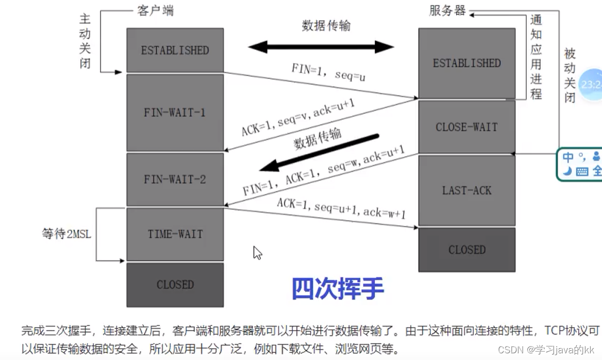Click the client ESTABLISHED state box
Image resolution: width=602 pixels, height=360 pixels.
[x=175, y=50]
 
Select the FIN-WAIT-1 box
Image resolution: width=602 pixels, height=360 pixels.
[x=175, y=112]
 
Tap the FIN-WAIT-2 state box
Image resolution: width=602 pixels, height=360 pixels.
[x=175, y=179]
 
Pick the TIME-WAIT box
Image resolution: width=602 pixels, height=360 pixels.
[x=175, y=234]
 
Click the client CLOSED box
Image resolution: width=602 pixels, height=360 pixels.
[x=175, y=285]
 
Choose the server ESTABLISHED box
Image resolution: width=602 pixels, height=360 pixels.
[x=466, y=63]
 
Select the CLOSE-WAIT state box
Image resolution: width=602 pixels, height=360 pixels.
[x=466, y=127]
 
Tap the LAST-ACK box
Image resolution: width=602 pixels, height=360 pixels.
[x=466, y=190]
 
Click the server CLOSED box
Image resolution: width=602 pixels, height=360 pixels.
[x=466, y=250]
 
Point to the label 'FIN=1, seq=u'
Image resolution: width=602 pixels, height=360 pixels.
[x=328, y=71]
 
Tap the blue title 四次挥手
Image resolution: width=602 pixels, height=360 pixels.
[x=338, y=289]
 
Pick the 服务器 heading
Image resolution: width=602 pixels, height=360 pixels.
[x=447, y=10]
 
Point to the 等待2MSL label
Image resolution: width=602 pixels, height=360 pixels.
[x=66, y=234]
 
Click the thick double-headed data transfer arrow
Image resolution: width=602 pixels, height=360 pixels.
[x=321, y=47]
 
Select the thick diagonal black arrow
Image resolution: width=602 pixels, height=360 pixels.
[x=320, y=152]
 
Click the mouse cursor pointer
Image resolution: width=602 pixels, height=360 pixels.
[x=257, y=252]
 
